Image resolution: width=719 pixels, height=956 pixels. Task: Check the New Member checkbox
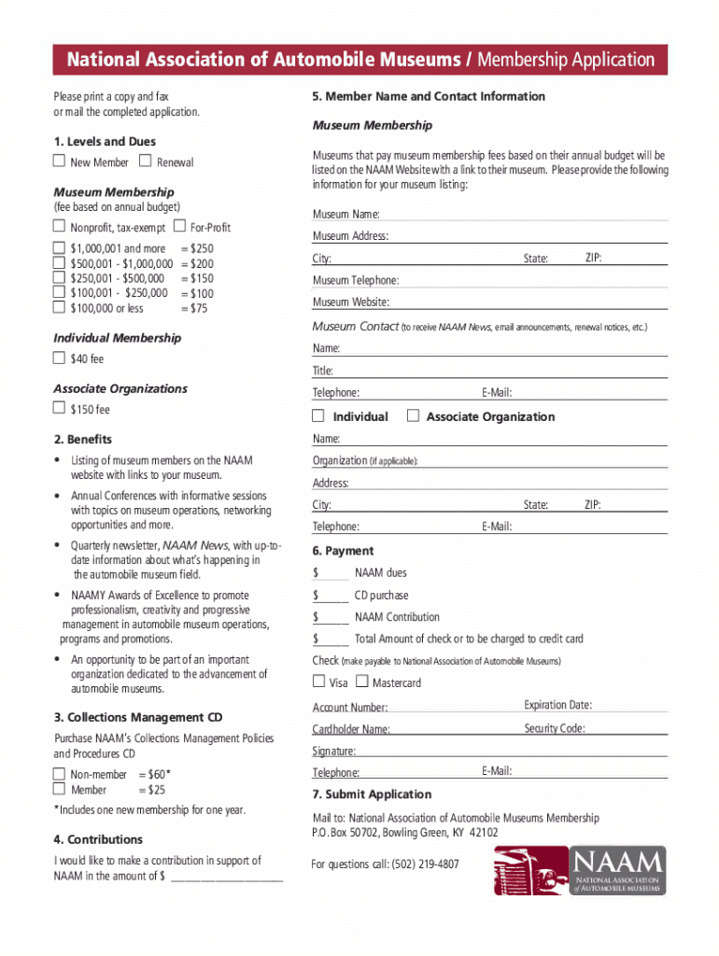click(59, 162)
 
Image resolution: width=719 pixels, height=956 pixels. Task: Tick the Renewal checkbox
click(145, 162)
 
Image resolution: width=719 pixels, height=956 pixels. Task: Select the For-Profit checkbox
click(179, 227)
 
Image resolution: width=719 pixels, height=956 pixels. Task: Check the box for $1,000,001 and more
click(59, 248)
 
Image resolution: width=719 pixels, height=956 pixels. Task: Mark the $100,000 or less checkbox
click(59, 307)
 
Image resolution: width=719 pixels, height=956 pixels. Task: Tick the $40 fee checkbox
click(59, 358)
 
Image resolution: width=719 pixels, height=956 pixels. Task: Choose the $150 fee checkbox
click(59, 409)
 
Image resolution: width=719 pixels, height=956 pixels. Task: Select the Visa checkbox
click(319, 682)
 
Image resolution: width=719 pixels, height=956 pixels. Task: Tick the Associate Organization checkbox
click(414, 416)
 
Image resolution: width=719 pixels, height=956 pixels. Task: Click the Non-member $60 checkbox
click(59, 774)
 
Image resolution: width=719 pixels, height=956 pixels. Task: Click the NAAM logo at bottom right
click(580, 871)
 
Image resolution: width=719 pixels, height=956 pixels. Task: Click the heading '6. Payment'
click(343, 551)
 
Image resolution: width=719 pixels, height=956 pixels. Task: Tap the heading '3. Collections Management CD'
click(138, 718)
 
